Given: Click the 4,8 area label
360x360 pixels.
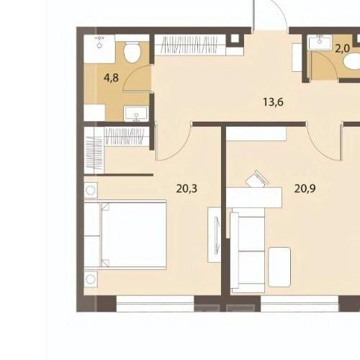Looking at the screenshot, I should pyautogui.click(x=112, y=76).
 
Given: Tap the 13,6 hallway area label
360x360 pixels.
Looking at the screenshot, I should pyautogui.click(x=273, y=102).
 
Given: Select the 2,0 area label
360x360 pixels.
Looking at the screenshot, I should pyautogui.click(x=343, y=49).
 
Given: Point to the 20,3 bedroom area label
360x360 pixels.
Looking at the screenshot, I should pyautogui.click(x=186, y=189).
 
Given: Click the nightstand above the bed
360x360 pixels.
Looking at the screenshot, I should pyautogui.click(x=90, y=192).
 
